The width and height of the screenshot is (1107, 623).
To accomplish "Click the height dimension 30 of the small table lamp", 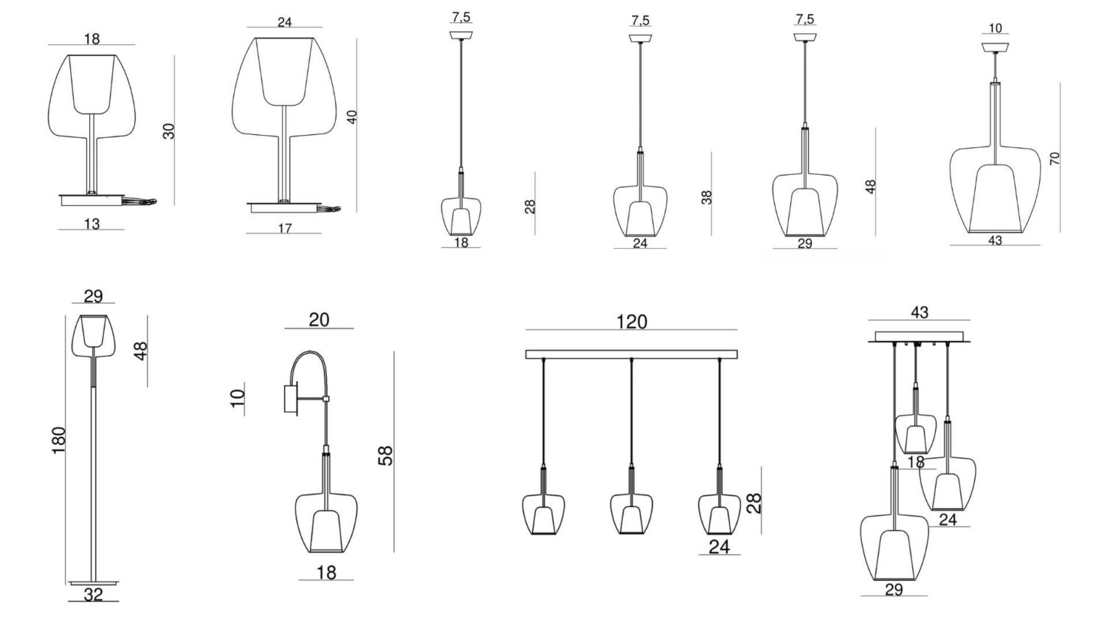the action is [x=169, y=131].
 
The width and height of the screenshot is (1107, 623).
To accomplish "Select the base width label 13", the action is [x=92, y=224].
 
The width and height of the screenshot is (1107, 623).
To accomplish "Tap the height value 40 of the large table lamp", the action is [x=352, y=117].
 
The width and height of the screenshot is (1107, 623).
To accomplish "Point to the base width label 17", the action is [x=285, y=228].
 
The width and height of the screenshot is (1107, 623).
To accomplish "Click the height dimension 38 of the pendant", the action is [x=707, y=197].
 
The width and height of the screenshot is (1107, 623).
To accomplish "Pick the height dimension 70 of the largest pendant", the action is [x=1055, y=158].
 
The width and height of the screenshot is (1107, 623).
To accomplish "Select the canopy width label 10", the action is [x=996, y=28].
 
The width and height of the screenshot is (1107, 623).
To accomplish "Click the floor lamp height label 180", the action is [x=59, y=440].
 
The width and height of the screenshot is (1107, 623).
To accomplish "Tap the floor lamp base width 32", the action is [x=94, y=594].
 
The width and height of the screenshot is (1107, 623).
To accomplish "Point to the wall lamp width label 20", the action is [x=320, y=320].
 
